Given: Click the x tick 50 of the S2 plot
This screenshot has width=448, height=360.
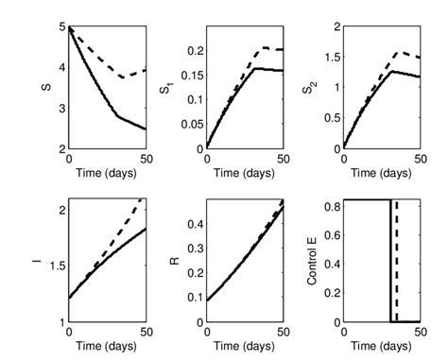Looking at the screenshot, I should click(419, 159).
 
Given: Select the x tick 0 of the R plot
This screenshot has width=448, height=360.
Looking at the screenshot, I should click(206, 332).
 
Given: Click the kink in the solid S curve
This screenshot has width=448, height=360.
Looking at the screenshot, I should click(117, 116).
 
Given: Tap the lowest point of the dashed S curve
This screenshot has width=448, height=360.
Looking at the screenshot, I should click(123, 77).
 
